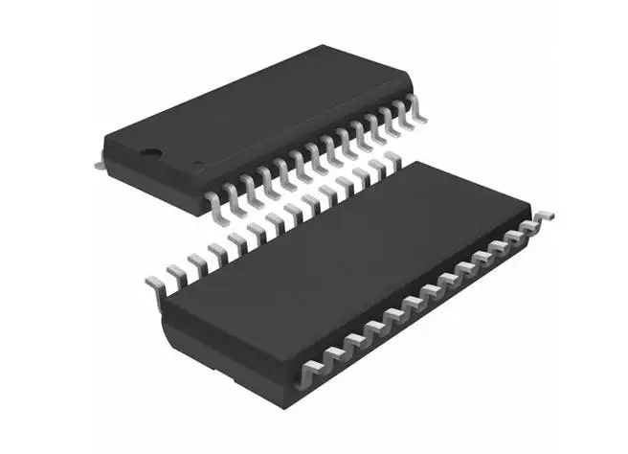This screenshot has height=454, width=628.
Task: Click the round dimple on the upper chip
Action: click(x=151, y=150)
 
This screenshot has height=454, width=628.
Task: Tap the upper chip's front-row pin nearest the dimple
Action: click(x=213, y=198)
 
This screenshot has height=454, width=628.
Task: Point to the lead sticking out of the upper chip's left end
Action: click(x=100, y=164)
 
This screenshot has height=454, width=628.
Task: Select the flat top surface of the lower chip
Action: click(x=354, y=249)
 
